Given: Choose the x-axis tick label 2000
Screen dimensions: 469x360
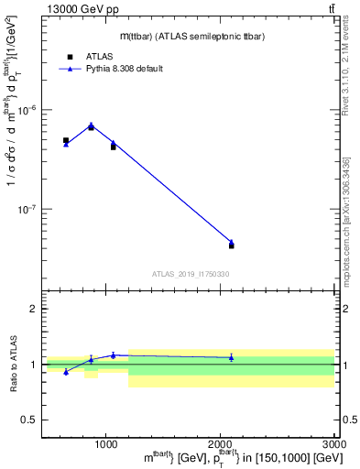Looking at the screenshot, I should pos(220,443).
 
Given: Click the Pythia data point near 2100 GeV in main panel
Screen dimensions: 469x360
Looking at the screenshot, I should pos(231,242).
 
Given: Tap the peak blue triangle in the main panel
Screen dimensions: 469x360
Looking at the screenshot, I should pos(91,125).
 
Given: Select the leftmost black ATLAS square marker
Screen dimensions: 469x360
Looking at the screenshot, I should pos(66,141).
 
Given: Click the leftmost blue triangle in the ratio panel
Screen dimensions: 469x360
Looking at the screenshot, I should pos(66,372).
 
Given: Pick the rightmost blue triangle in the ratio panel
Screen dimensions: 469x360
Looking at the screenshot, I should pos(231,357).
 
